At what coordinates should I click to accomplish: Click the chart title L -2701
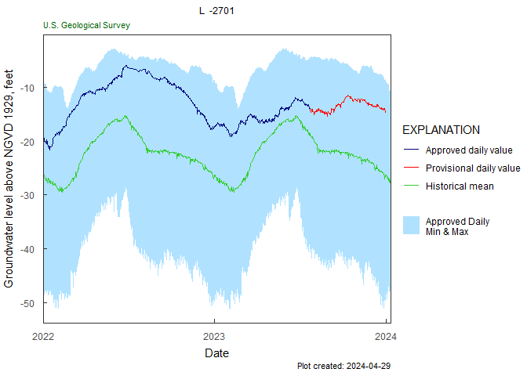pyautogui.click(x=216, y=11)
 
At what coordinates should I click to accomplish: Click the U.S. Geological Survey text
pyautogui.click(x=86, y=25)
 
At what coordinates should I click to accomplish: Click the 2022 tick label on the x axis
pyautogui.click(x=43, y=338)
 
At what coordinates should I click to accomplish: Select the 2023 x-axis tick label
pyautogui.click(x=214, y=338)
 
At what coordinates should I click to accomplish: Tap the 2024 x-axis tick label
pyautogui.click(x=385, y=338)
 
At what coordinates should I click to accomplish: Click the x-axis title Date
pyautogui.click(x=216, y=353)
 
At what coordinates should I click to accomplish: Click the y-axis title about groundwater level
pyautogui.click(x=9, y=178)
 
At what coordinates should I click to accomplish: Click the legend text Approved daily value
pyautogui.click(x=469, y=150)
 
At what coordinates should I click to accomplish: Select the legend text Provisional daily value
pyautogui.click(x=473, y=168)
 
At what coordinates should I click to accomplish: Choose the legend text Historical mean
pyautogui.click(x=460, y=186)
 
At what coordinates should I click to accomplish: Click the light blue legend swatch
pyautogui.click(x=412, y=226)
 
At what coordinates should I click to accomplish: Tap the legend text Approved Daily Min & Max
pyautogui.click(x=457, y=226)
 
